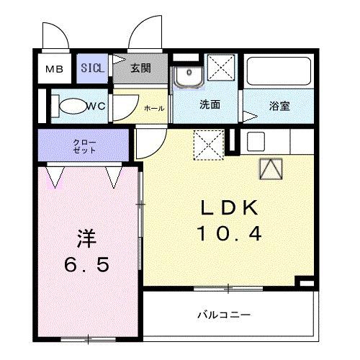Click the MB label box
(54, 70)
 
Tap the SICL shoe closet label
(93, 69)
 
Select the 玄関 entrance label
(140, 69)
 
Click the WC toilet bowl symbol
(72, 106)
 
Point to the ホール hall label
(154, 108)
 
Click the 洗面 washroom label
(210, 105)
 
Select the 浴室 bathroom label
(279, 106)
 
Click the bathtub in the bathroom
(278, 72)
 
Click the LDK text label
(228, 208)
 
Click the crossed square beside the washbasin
(221, 73)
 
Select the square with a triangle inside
(271, 168)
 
